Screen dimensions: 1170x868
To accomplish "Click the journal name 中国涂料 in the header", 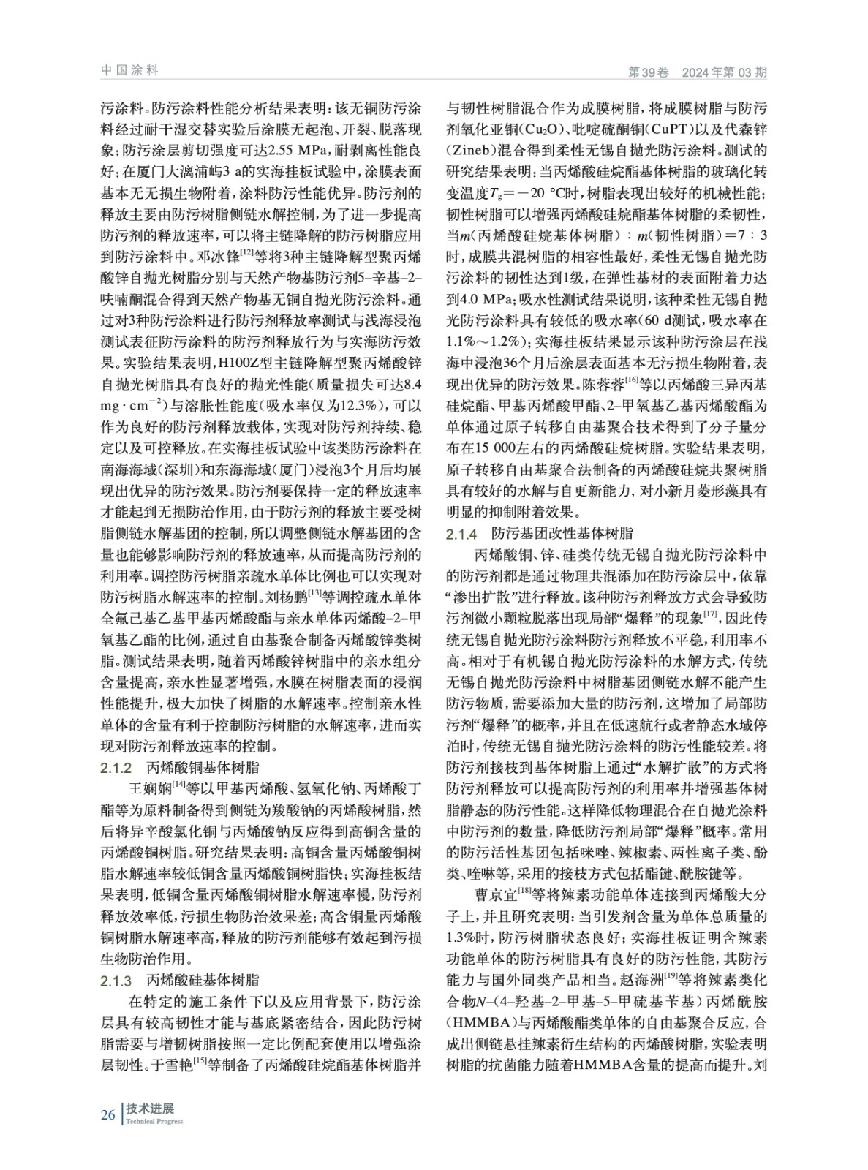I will pyautogui.click(x=129, y=70).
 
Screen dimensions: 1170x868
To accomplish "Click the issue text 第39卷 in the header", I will pyautogui.click(x=649, y=72).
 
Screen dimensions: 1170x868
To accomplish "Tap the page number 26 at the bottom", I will pyautogui.click(x=107, y=1114).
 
